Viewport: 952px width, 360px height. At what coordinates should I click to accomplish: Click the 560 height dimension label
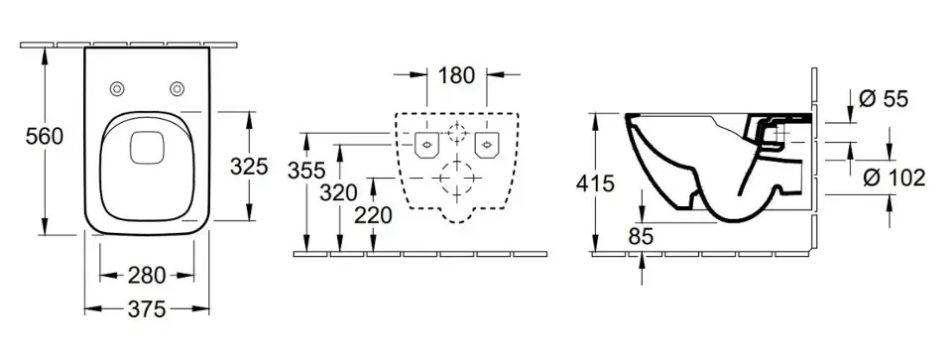pyautogui.click(x=45, y=137)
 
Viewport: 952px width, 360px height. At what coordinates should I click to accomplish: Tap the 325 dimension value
pyautogui.click(x=249, y=166)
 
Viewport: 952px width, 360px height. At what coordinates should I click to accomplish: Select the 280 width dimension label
pyautogui.click(x=147, y=276)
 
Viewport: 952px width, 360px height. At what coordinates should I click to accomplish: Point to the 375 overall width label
pyautogui.click(x=147, y=309)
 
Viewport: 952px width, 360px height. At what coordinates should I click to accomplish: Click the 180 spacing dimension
pyautogui.click(x=456, y=75)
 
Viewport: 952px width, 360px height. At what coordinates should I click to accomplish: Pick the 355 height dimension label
pyautogui.click(x=306, y=171)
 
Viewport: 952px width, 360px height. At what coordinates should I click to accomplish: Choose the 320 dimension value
pyautogui.click(x=339, y=193)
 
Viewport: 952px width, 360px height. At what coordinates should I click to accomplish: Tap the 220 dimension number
pyautogui.click(x=373, y=215)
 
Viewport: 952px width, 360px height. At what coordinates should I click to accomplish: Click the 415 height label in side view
pyautogui.click(x=595, y=182)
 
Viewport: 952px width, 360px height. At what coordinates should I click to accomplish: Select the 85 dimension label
pyautogui.click(x=641, y=237)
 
